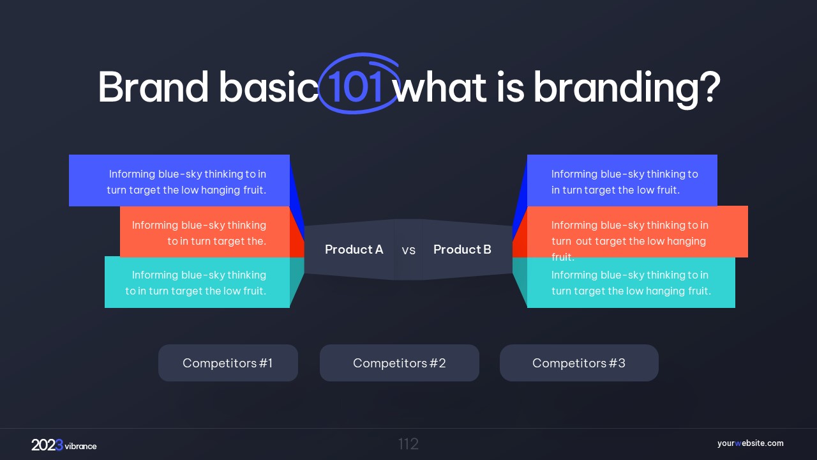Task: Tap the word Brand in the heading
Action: [153, 87]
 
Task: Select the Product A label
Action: [354, 249]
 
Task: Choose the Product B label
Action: [462, 249]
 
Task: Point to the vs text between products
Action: [408, 250]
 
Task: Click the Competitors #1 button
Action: [228, 363]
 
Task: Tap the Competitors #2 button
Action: [400, 363]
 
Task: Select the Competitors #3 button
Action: [579, 363]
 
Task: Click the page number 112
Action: [408, 444]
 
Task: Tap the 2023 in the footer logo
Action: [47, 445]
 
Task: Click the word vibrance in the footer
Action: [80, 446]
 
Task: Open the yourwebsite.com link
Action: [750, 443]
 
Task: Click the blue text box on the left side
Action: [179, 180]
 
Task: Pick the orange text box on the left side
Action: [205, 232]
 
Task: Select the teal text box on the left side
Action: [197, 282]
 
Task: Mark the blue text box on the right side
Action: [622, 180]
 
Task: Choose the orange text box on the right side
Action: [637, 232]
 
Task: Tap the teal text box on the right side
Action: [631, 282]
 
